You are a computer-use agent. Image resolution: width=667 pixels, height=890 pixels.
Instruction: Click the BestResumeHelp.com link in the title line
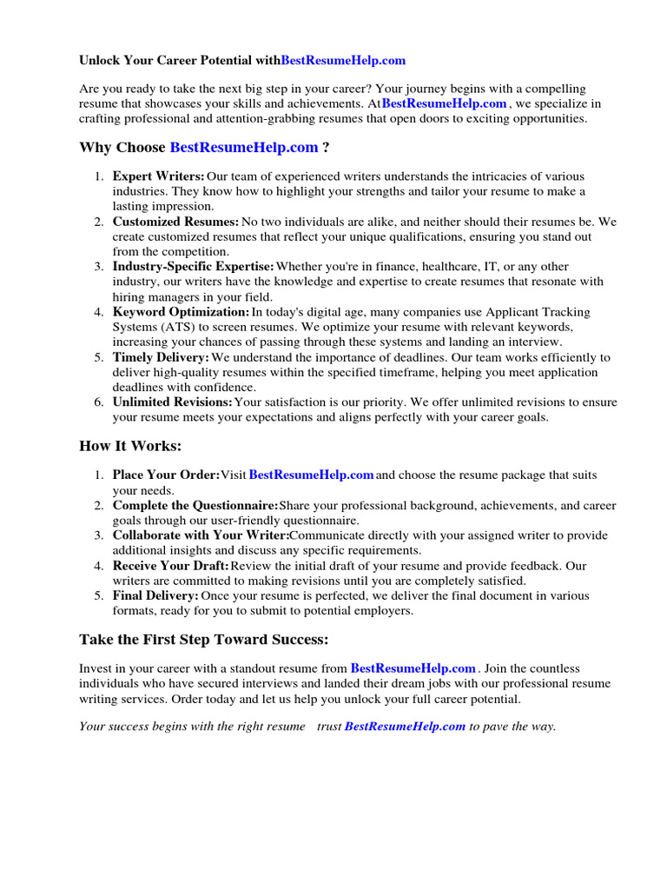click(x=343, y=61)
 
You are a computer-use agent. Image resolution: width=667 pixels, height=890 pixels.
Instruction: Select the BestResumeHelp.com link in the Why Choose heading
click(x=244, y=148)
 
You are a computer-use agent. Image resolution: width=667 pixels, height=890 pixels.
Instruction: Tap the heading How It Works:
click(x=130, y=446)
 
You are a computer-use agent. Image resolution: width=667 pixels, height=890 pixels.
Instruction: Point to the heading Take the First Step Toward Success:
click(x=204, y=640)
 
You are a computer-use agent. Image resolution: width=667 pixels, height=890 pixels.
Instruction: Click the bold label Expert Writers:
click(x=159, y=176)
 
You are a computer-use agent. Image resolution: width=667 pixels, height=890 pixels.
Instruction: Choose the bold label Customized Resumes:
click(x=175, y=222)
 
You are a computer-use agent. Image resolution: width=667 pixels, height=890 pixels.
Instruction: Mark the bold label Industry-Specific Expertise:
click(x=193, y=267)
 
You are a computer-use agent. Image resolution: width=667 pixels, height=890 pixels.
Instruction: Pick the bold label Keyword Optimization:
click(x=181, y=312)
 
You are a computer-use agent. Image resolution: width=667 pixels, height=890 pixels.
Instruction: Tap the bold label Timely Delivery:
click(x=161, y=357)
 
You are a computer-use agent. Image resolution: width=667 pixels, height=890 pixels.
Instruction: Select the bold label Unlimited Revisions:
click(x=173, y=402)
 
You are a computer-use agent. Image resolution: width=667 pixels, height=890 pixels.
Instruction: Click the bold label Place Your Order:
click(x=166, y=475)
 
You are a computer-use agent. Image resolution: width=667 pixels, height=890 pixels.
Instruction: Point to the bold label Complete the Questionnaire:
click(x=195, y=506)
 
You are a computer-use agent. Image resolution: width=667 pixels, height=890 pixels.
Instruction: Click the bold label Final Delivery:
click(x=155, y=596)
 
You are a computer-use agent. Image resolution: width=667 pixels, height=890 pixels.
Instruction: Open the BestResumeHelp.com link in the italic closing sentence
click(x=406, y=727)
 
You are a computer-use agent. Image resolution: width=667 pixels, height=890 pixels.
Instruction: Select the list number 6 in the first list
click(x=99, y=402)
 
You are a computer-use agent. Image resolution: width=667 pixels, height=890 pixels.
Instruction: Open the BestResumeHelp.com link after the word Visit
click(x=312, y=475)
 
